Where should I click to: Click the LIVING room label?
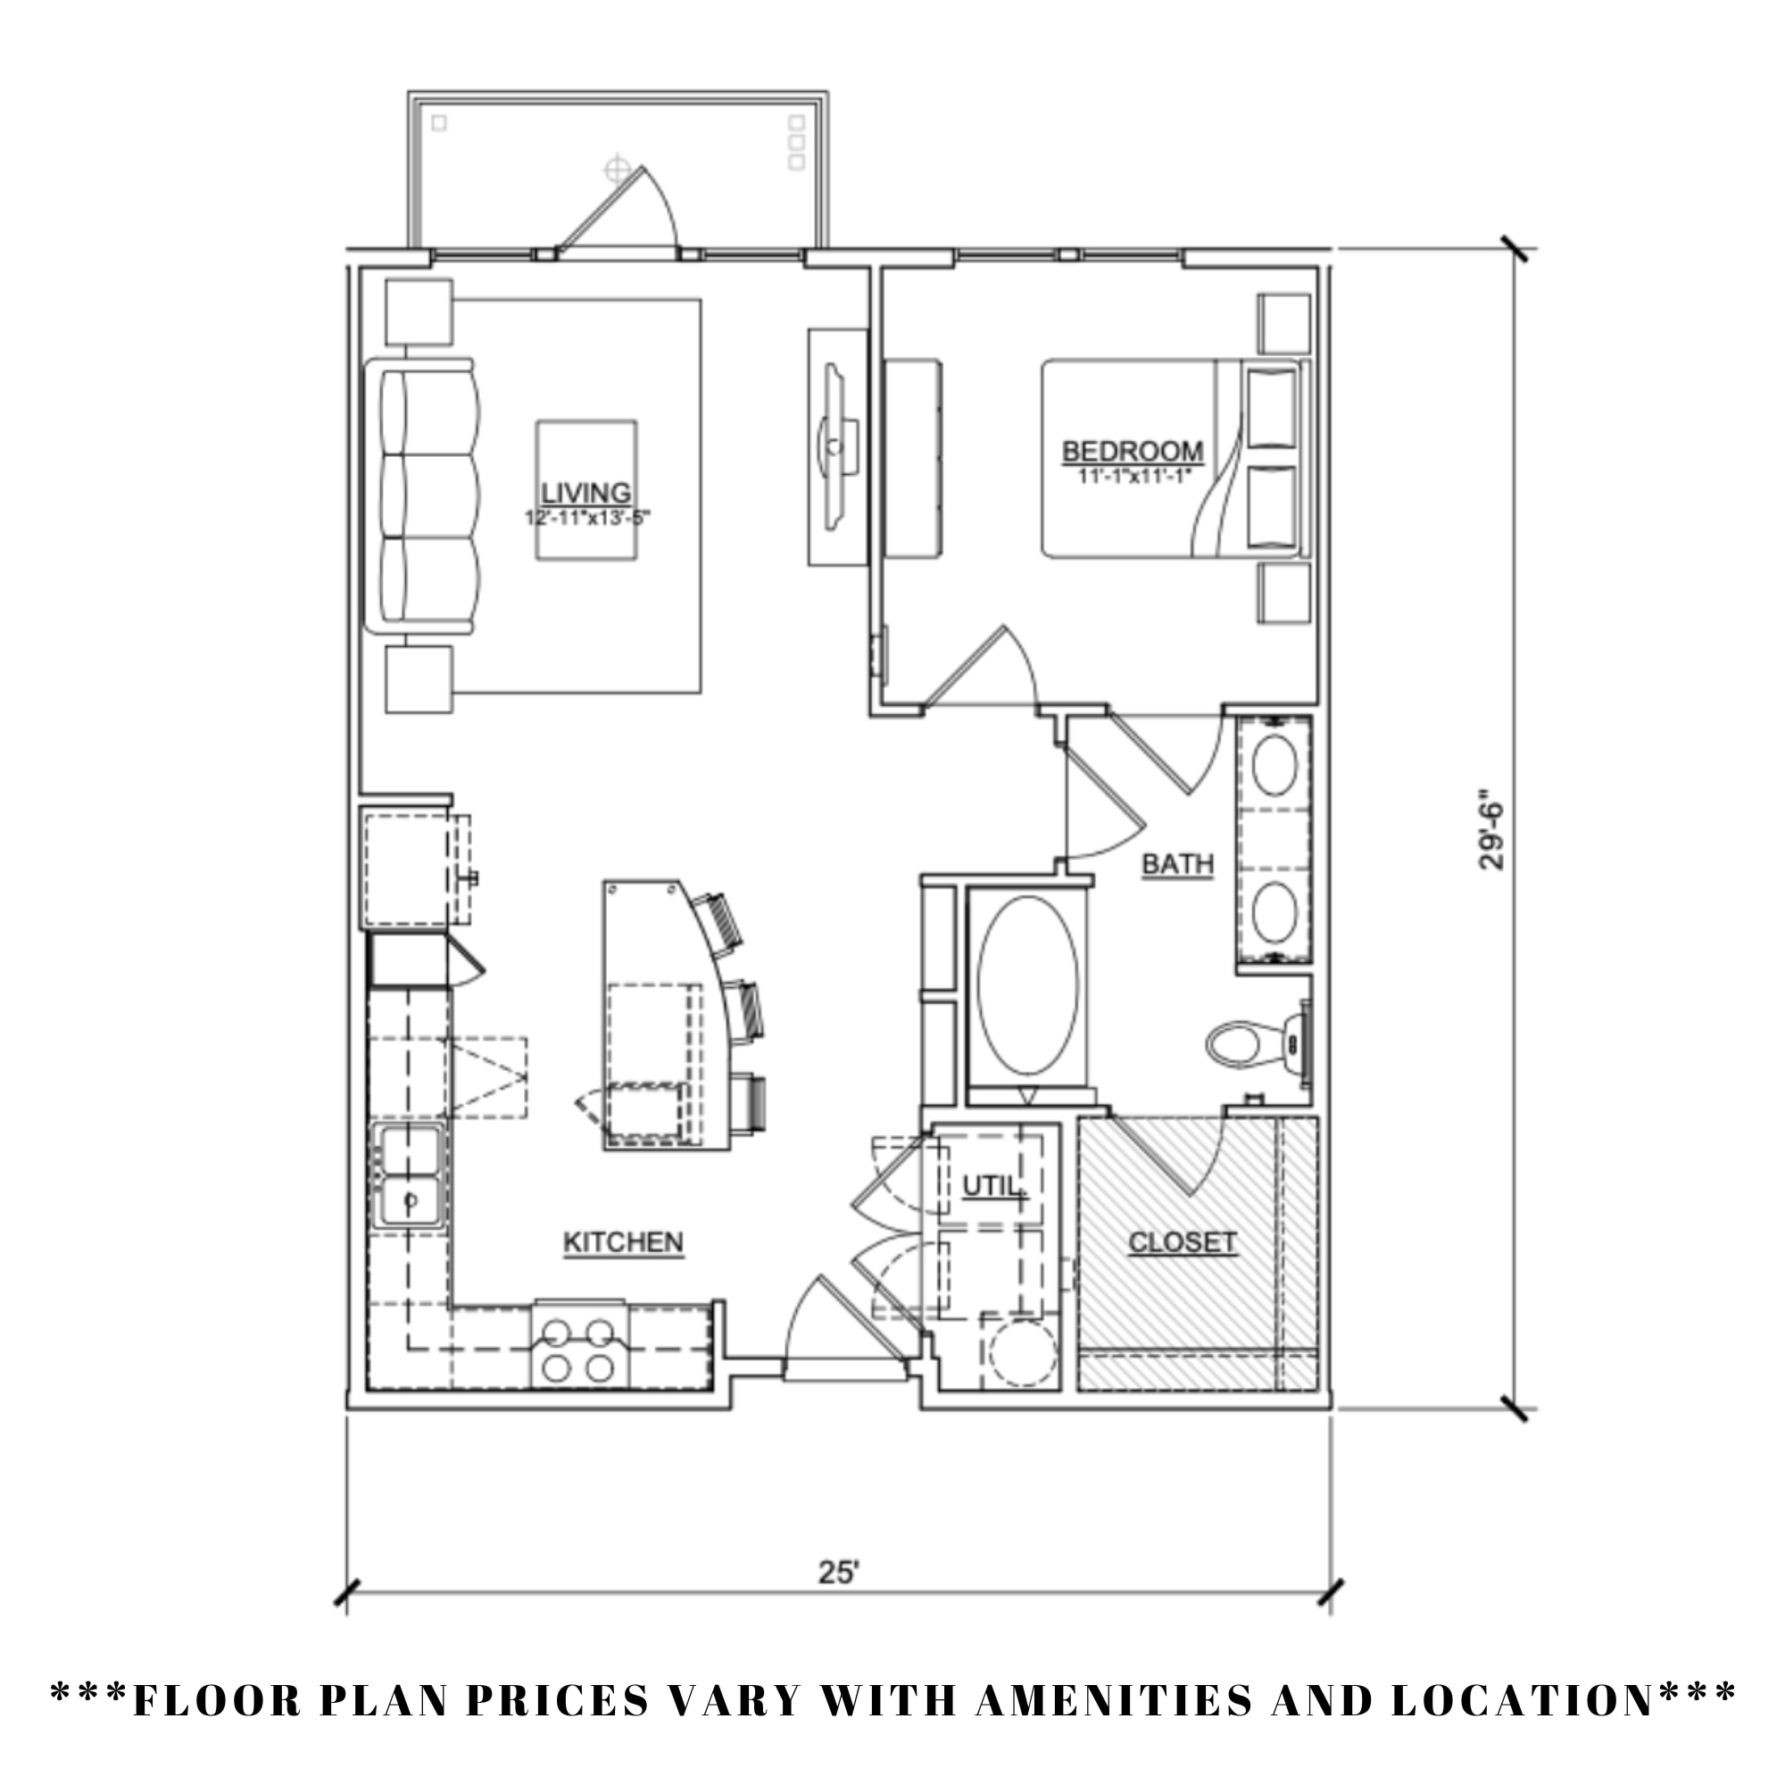coord(585,494)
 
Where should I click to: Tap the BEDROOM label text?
coord(1133,452)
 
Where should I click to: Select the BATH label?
coord(1177,864)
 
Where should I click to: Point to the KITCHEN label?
coord(624,1242)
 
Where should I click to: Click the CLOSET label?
coord(1183,1242)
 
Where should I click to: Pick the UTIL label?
coord(992,1186)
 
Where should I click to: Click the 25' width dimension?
coord(839,1572)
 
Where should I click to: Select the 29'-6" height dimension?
coord(1490,829)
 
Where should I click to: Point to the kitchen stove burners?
coord(578,1349)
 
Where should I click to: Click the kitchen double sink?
coord(410,1176)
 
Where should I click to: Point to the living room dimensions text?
coord(587,519)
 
